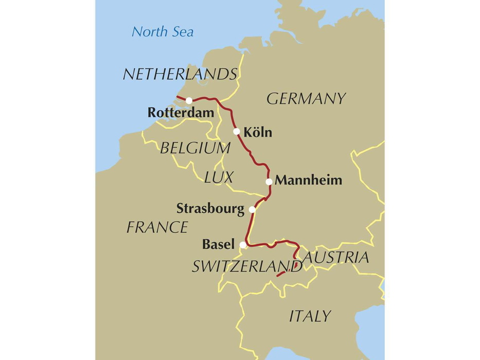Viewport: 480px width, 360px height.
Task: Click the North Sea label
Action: pyautogui.click(x=163, y=32)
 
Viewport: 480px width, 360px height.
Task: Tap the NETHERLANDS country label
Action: pyautogui.click(x=180, y=75)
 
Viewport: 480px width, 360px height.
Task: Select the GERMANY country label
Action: pyautogui.click(x=306, y=99)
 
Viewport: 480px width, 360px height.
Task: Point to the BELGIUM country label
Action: pyautogui.click(x=195, y=149)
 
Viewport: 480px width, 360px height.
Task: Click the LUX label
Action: pyautogui.click(x=219, y=178)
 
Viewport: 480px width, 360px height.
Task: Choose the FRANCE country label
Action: pyautogui.click(x=157, y=227)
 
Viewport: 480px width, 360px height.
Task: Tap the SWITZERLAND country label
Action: pyautogui.click(x=246, y=266)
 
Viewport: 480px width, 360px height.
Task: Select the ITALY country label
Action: pyautogui.click(x=310, y=316)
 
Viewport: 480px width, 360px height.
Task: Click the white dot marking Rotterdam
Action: pyautogui.click(x=189, y=101)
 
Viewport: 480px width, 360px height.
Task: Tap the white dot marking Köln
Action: pyautogui.click(x=237, y=132)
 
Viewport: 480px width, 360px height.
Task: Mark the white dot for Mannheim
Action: pyautogui.click(x=269, y=182)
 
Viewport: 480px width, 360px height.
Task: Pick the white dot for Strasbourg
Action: pyautogui.click(x=252, y=210)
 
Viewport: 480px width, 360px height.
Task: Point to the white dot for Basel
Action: pyautogui.click(x=243, y=245)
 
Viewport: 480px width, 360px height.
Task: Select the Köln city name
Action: pyautogui.click(x=258, y=133)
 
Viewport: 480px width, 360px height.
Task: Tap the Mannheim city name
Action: pyautogui.click(x=309, y=181)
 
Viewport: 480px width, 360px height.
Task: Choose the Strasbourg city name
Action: pyautogui.click(x=210, y=209)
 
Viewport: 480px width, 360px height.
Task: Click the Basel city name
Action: pyautogui.click(x=219, y=244)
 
